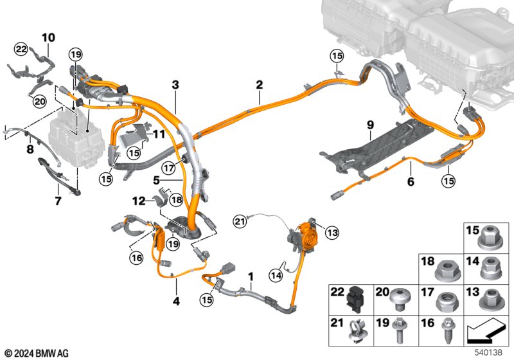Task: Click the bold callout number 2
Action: tap(259, 84)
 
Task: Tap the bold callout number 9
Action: tap(370, 124)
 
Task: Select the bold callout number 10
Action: tap(49, 37)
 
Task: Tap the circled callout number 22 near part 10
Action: tap(21, 49)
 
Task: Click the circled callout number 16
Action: tap(134, 258)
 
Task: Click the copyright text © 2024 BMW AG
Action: tap(37, 353)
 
